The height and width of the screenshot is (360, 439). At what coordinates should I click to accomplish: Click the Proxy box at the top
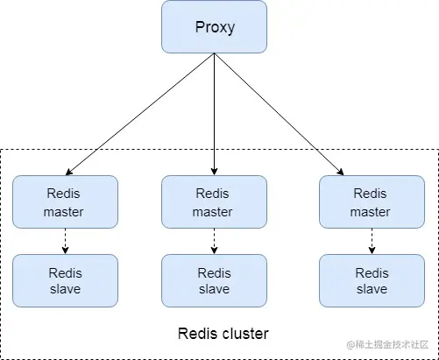point(214,26)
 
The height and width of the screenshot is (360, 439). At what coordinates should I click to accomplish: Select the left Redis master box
point(65,201)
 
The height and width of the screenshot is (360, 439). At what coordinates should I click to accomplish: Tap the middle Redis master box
point(214,201)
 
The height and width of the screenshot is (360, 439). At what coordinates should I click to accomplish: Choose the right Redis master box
point(371,201)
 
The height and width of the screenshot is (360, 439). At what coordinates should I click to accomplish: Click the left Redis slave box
point(65,280)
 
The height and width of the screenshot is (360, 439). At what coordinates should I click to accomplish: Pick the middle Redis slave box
point(214,280)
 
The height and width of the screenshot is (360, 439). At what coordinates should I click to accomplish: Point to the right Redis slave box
point(371,280)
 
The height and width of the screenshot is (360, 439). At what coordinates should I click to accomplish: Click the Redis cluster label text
point(223,334)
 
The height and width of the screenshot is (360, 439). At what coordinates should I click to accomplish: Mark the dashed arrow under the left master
point(65,241)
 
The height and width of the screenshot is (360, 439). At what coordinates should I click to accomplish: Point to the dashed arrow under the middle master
point(214,241)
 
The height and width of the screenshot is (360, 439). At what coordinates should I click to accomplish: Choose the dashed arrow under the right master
point(371,241)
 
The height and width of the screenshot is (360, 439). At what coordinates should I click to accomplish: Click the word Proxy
point(214,26)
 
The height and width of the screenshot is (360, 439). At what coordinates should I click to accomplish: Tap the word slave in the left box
point(65,289)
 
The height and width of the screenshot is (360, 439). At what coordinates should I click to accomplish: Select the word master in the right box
point(371,211)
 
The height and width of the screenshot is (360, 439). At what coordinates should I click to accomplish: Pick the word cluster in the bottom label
point(244,334)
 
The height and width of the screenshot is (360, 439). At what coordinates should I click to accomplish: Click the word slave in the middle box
point(214,289)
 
